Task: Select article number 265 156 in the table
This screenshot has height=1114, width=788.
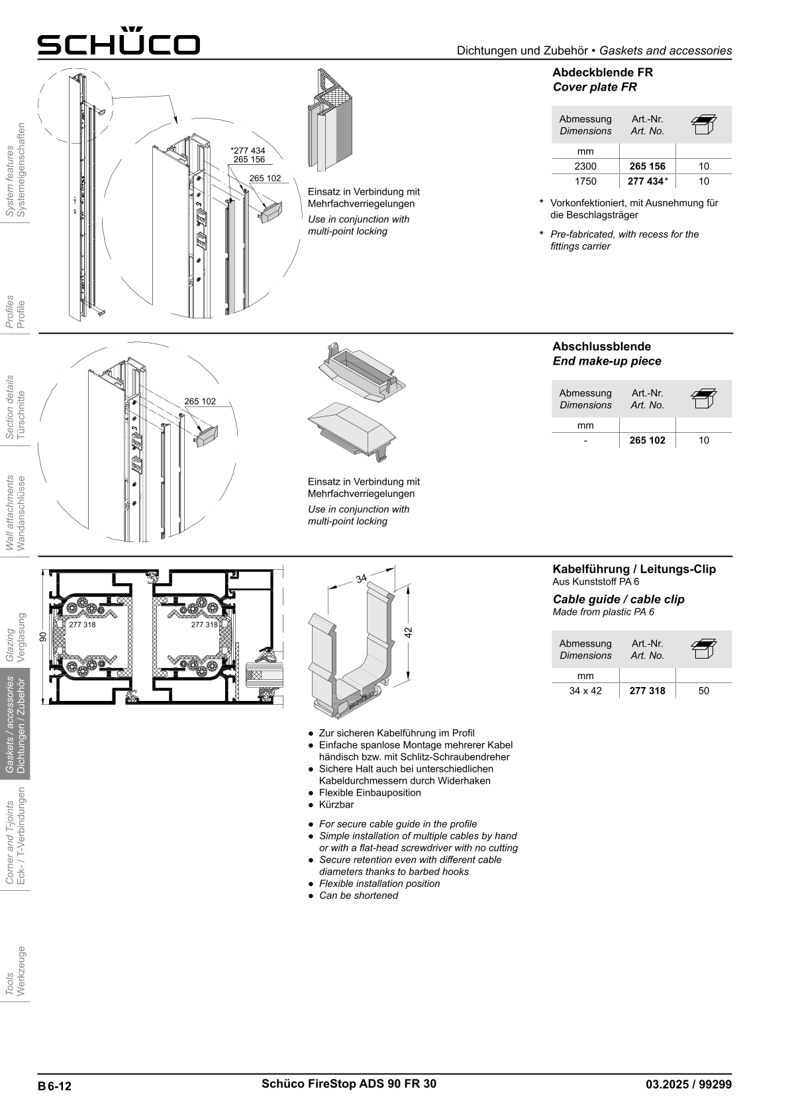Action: click(647, 166)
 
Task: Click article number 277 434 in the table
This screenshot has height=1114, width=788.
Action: click(646, 181)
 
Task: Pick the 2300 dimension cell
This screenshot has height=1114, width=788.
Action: click(585, 166)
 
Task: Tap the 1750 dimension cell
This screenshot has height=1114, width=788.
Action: click(585, 181)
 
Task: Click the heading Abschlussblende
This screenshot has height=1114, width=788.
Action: click(601, 346)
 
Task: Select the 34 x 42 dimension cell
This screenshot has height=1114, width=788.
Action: click(585, 691)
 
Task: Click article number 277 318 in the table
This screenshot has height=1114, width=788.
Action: click(647, 691)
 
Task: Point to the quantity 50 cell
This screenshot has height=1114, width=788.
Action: click(703, 691)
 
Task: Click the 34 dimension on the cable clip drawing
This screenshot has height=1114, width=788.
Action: click(361, 579)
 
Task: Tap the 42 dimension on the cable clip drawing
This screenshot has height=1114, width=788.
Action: click(409, 632)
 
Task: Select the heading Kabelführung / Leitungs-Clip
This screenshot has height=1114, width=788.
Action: click(634, 569)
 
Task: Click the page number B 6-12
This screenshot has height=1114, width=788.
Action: click(54, 1086)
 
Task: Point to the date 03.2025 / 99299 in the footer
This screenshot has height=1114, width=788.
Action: click(689, 1084)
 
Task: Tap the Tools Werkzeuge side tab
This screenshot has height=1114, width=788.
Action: click(15, 972)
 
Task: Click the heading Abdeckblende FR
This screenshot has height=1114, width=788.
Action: click(603, 72)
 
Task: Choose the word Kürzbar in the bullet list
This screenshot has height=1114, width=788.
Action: click(336, 805)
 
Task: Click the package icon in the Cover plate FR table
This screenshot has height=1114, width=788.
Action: click(703, 124)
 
